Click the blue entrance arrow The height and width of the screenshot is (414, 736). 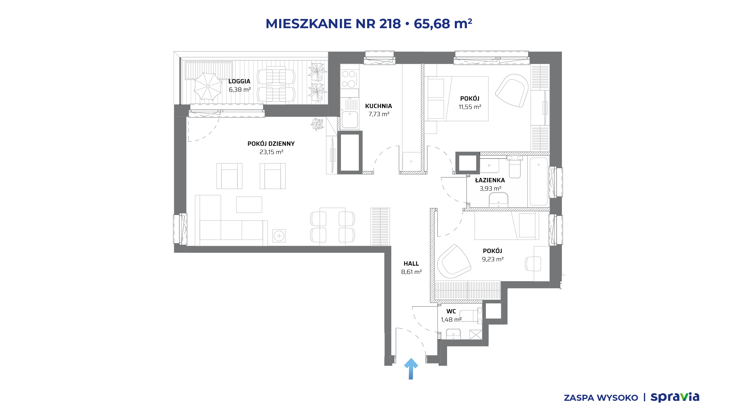[411, 369]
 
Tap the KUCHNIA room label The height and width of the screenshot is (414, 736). [378, 106]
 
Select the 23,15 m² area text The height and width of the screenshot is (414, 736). [271, 152]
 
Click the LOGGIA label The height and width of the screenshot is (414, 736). [239, 81]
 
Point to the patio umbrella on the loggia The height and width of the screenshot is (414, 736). [208, 86]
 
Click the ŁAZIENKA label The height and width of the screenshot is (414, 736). [490, 180]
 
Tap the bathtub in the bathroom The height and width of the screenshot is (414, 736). [538, 181]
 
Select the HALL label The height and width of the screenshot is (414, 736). [411, 264]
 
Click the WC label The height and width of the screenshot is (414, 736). [451, 311]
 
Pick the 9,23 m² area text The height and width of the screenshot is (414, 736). [492, 259]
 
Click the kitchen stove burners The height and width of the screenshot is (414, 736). [349, 79]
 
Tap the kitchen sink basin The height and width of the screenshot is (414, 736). [350, 119]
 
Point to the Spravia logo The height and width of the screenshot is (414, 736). [675, 397]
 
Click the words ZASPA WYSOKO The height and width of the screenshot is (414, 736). [601, 398]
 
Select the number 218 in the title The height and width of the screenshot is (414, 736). [390, 24]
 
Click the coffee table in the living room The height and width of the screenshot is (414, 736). [249, 205]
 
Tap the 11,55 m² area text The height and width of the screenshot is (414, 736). [470, 107]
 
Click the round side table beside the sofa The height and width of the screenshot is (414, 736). [279, 236]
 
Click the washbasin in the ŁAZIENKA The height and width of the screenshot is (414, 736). [499, 200]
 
